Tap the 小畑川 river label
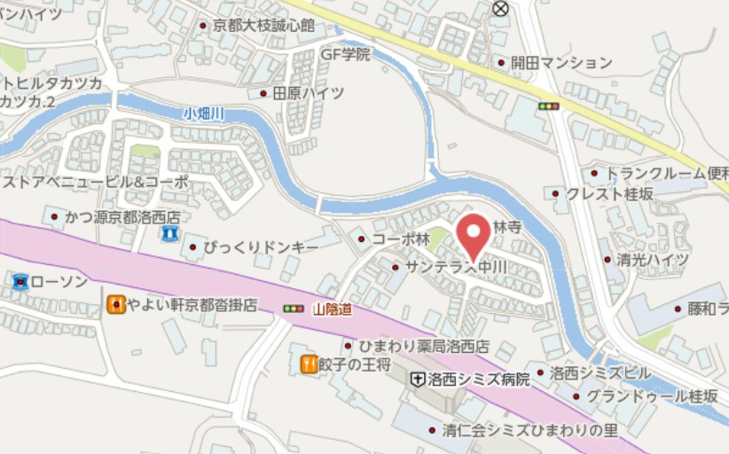[x=204, y=113]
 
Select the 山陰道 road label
[x=333, y=309]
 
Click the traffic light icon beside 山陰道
[x=293, y=309]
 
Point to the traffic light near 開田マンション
[x=550, y=106]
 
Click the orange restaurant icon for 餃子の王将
[x=309, y=363]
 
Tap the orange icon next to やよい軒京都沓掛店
[x=115, y=305]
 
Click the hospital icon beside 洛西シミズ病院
[x=416, y=380]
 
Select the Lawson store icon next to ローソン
[x=20, y=282]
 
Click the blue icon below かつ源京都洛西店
[x=169, y=234]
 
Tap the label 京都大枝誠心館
[x=263, y=26]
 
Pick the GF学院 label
[x=345, y=54]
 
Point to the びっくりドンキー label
[x=260, y=247]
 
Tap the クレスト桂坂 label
[x=611, y=193]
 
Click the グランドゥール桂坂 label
[x=651, y=396]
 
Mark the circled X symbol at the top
[x=501, y=8]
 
